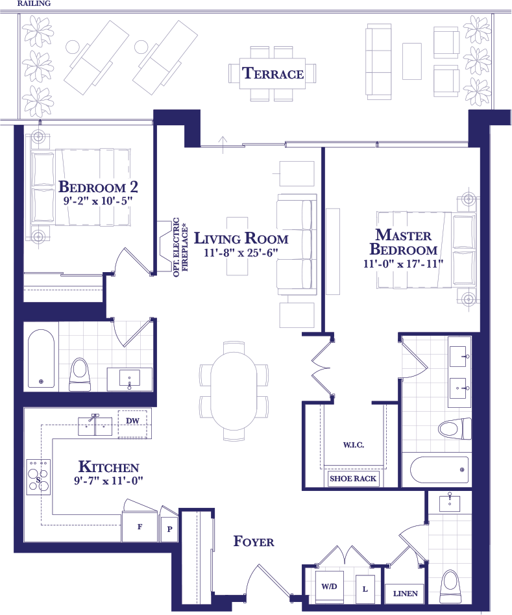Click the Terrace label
[x=273, y=73]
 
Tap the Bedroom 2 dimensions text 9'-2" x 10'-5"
[x=98, y=201]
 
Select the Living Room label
[x=241, y=238]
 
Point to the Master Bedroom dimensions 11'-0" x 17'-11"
[x=403, y=264]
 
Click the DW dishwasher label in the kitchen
[x=132, y=421]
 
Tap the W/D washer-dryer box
[x=329, y=587]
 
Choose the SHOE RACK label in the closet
[x=353, y=479]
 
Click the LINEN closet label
[x=406, y=594]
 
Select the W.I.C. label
[x=354, y=445]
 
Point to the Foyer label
[x=254, y=541]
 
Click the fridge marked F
[x=140, y=527]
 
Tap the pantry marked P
[x=170, y=529]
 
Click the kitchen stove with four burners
[x=38, y=477]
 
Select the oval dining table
[x=234, y=391]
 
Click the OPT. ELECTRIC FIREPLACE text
[x=180, y=247]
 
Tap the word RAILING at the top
[x=34, y=3]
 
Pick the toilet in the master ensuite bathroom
[x=455, y=429]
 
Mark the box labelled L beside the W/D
[x=365, y=589]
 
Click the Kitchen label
[x=108, y=467]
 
